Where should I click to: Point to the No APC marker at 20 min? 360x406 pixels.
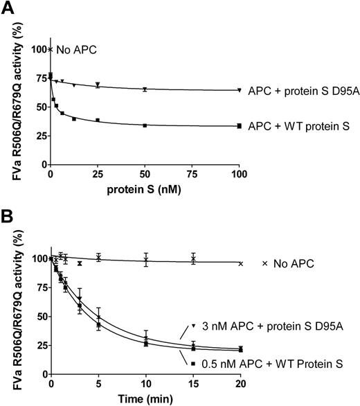coord(240,263)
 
